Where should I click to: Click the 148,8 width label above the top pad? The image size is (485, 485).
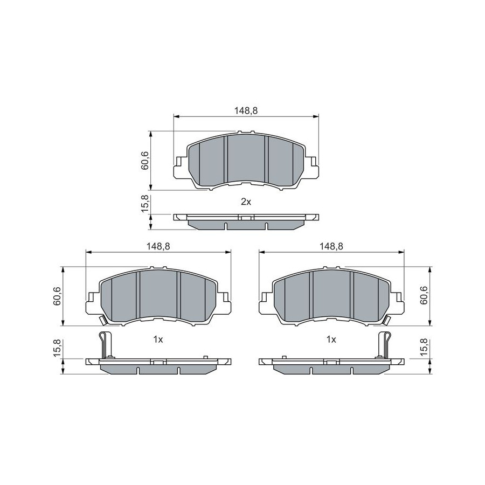[x=246, y=110]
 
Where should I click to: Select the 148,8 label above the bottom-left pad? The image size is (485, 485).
[x=158, y=246]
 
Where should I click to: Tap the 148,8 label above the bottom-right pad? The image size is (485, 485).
[x=331, y=246]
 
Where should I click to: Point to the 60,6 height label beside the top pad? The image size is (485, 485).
[x=145, y=161]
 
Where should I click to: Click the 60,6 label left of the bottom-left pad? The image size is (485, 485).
[x=57, y=296]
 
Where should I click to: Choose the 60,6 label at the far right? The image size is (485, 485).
[x=424, y=295]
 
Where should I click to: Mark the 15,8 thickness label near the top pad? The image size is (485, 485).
[x=145, y=203]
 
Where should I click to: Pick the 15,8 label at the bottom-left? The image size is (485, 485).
[x=57, y=348]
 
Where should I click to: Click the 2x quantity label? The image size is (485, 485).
[x=246, y=202]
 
